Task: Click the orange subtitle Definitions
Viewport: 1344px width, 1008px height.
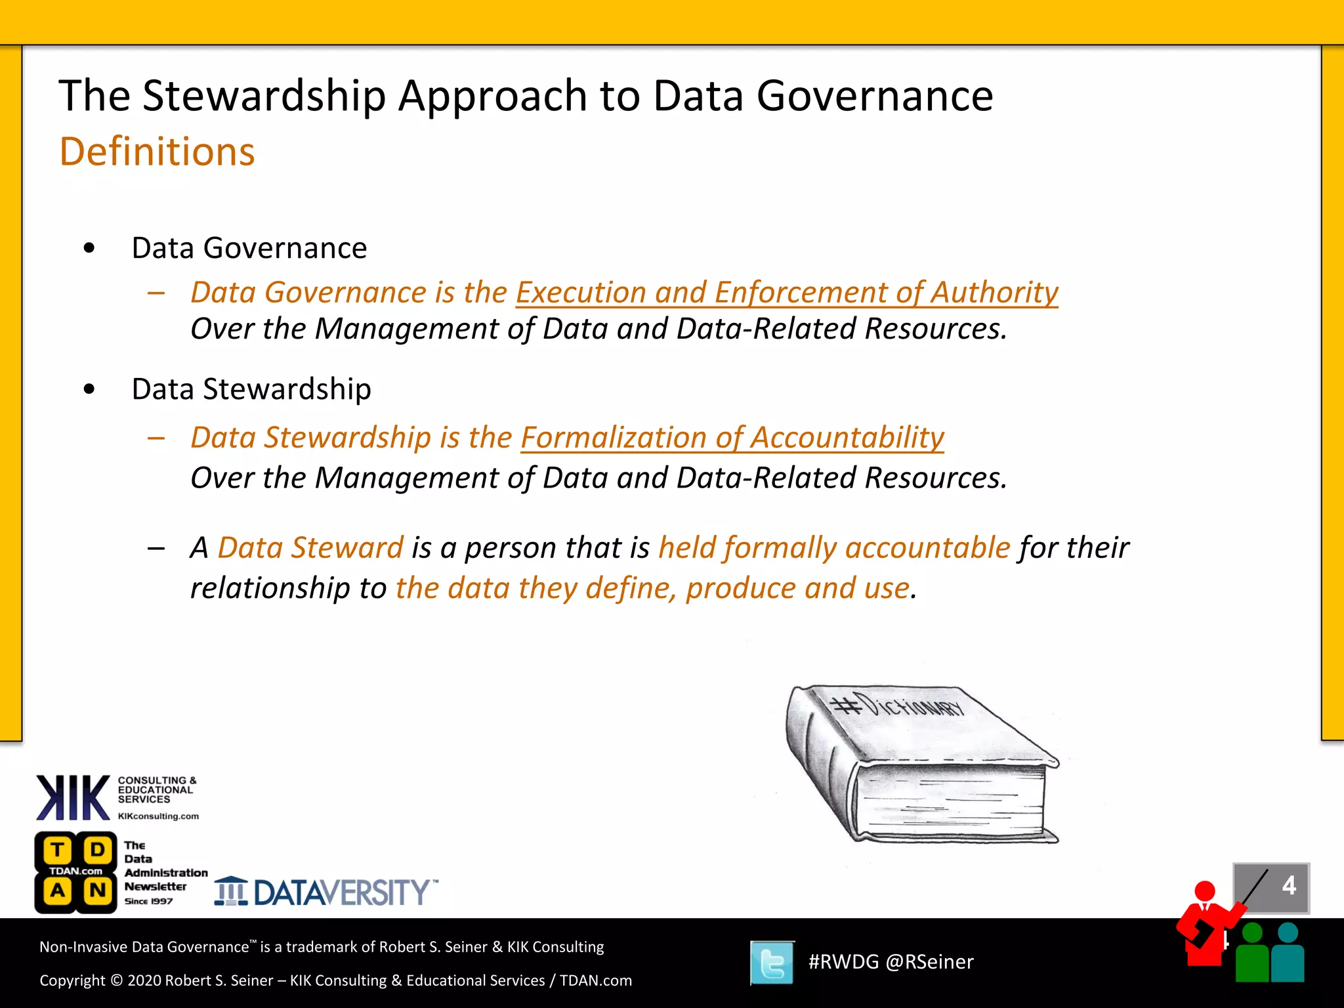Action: (x=157, y=152)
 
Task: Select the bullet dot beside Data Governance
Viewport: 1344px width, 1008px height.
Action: (x=89, y=248)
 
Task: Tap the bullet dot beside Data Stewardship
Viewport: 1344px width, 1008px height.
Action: (x=89, y=389)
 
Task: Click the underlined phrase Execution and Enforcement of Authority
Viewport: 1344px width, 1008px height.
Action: (x=786, y=292)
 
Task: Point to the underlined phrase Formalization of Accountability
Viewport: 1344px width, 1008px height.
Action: (x=732, y=438)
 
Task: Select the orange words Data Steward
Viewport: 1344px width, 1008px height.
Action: (x=310, y=547)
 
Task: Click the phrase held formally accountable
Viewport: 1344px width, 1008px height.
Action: (x=833, y=547)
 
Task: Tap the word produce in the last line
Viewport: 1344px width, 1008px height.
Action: (x=740, y=588)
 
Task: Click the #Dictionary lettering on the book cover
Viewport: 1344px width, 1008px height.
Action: (x=899, y=706)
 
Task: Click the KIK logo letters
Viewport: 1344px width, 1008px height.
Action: (x=73, y=798)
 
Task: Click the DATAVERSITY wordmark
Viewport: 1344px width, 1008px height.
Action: (x=341, y=892)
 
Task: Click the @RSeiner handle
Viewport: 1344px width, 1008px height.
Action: (x=929, y=962)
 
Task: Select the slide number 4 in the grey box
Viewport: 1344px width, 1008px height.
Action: (x=1289, y=886)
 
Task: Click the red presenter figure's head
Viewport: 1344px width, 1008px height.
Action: (x=1205, y=891)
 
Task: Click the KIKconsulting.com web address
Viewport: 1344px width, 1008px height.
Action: (x=158, y=816)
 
